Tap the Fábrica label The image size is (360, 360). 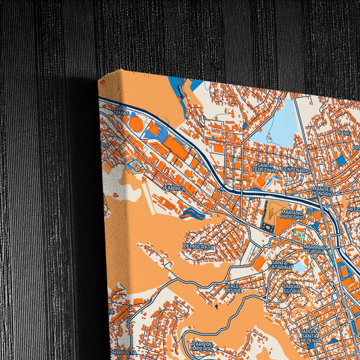[x=174, y=189]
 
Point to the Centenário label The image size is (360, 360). [x=295, y=171]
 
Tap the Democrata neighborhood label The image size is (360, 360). [x=199, y=248]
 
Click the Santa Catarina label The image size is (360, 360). [x=280, y=264]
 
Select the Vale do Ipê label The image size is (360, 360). [x=233, y=288]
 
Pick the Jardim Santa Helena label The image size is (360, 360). [x=309, y=335]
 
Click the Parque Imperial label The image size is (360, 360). [x=203, y=346]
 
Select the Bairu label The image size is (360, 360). [x=345, y=133]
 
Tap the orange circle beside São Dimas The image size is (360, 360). [x=136, y=124]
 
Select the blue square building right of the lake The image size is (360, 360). [x=341, y=161]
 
